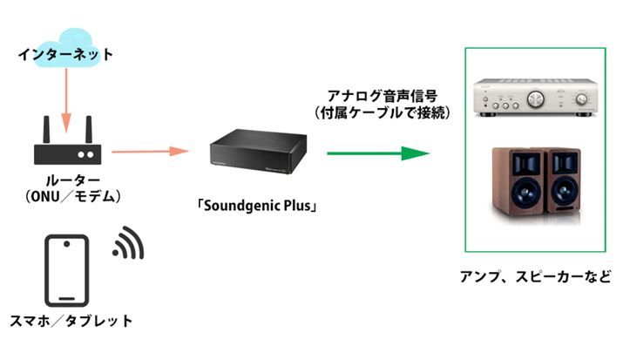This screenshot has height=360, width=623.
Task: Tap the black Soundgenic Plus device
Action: pyautogui.click(x=258, y=153)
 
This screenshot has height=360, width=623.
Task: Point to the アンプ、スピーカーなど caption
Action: pyautogui.click(x=534, y=276)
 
